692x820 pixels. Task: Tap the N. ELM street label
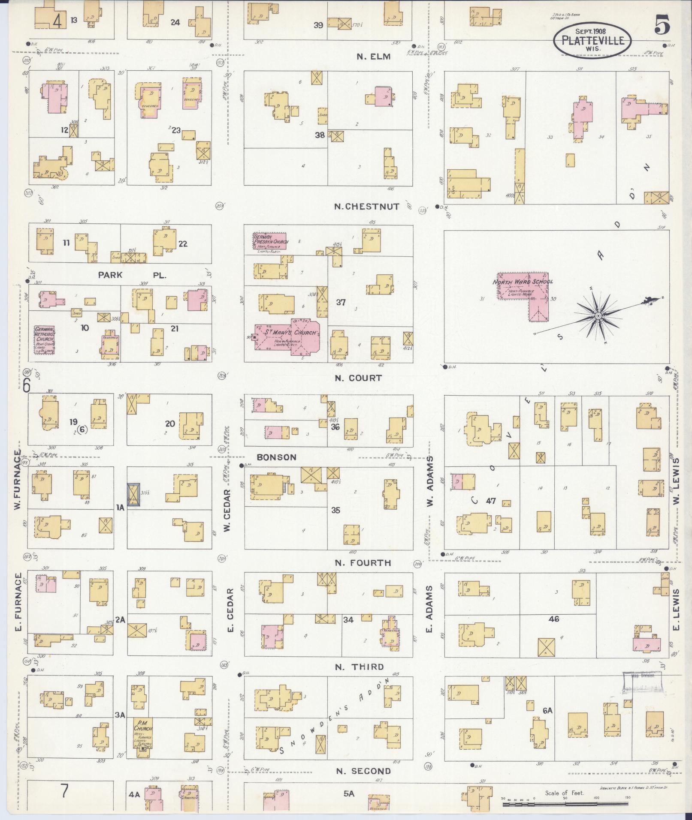coord(374,57)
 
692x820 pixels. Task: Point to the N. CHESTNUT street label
coord(367,207)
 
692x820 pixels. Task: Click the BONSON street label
coord(277,457)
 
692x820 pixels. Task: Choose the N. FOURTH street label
coord(363,563)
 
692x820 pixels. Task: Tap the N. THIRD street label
coord(360,667)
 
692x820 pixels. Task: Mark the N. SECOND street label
coord(363,771)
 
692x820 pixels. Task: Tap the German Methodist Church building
coord(45,339)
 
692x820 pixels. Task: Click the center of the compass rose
coord(598,316)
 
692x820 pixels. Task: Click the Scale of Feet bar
coord(564,805)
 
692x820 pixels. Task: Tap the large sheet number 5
coord(662,27)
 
